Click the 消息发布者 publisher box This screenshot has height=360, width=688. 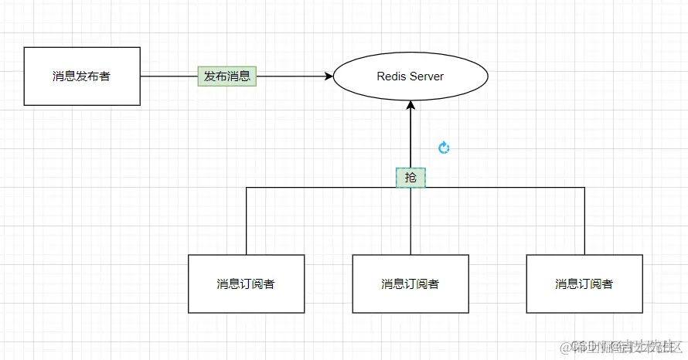tap(82, 76)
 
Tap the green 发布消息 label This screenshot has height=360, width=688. tap(226, 76)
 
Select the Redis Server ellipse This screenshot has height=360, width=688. tap(410, 76)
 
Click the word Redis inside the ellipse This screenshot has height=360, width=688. tap(391, 76)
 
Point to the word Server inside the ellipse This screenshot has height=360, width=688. tap(427, 76)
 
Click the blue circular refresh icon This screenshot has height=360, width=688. tap(444, 148)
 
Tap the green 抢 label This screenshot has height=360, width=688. tap(410, 178)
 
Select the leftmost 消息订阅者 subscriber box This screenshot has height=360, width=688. tap(246, 284)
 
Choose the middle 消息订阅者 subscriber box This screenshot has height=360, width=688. tap(410, 284)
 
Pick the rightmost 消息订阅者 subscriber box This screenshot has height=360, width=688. tap(584, 284)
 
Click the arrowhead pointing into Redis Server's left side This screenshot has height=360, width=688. tap(328, 76)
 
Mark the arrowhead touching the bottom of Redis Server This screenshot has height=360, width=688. tap(410, 106)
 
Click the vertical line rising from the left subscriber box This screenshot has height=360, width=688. tap(246, 221)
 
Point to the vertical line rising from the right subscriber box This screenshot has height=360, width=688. tap(584, 221)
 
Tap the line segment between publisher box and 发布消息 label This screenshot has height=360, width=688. tap(169, 76)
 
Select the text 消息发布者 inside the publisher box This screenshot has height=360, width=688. tap(82, 76)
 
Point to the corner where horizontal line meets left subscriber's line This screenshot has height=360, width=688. tap(246, 187)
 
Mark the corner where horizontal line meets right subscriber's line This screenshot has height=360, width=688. tap(584, 187)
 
